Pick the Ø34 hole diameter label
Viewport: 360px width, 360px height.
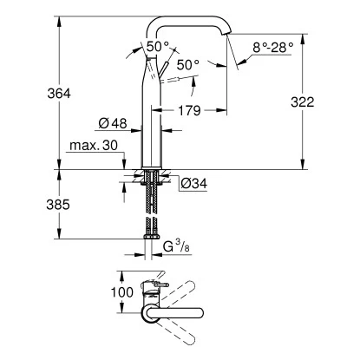pyautogui.click(x=193, y=182)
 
